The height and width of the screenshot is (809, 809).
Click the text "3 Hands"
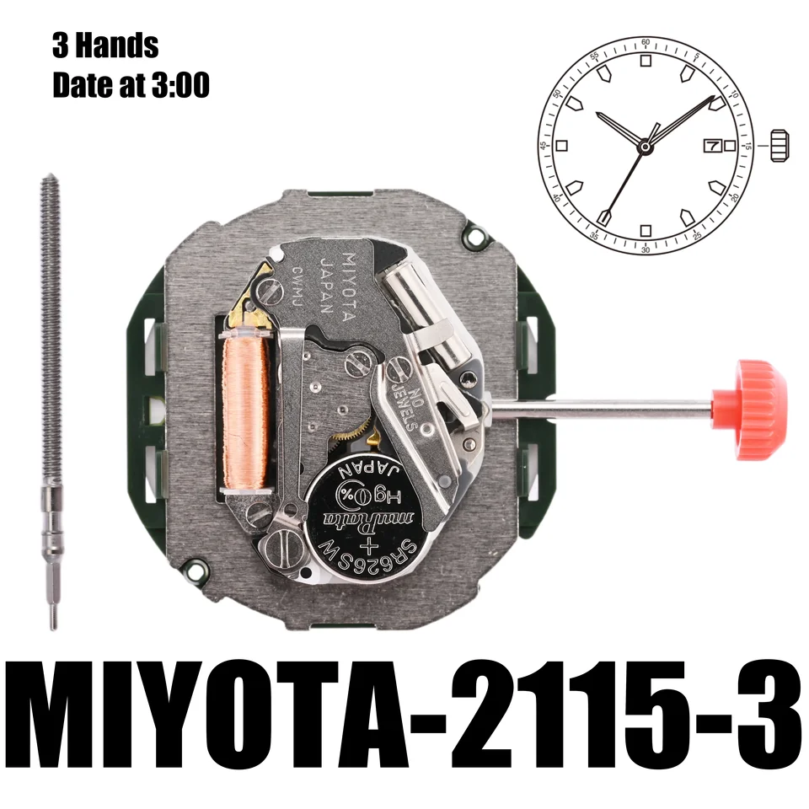point(104,46)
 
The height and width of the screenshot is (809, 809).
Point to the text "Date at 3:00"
point(131,85)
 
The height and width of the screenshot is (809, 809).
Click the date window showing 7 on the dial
point(711,146)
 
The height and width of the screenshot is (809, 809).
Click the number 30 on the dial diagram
point(645,250)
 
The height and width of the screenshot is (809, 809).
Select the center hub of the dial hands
point(645,147)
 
